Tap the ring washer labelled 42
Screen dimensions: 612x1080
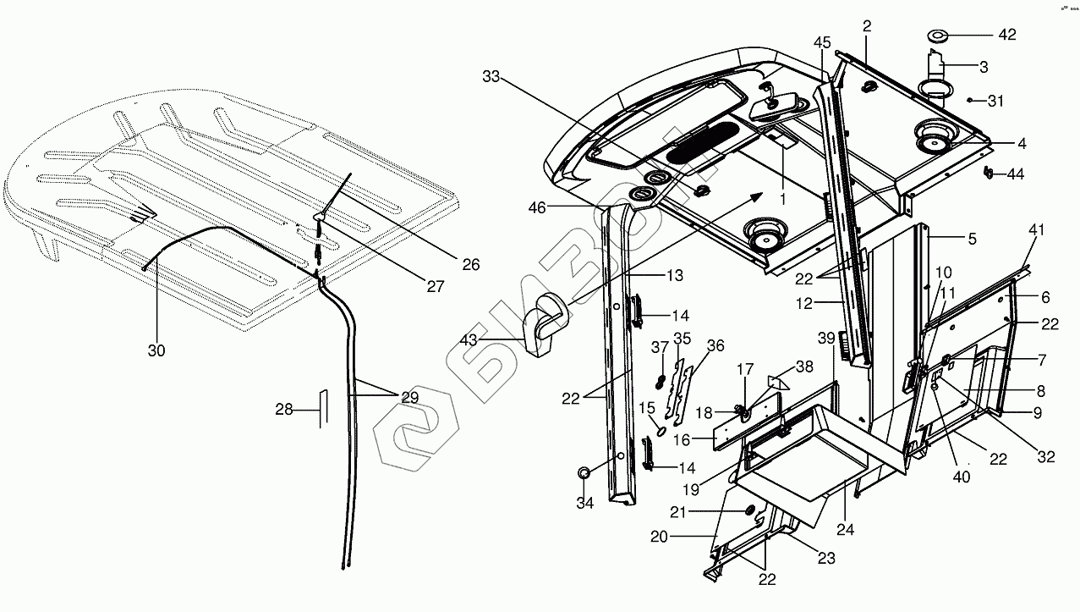coord(938,36)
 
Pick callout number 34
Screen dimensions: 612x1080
coord(584,503)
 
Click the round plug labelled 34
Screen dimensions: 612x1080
coord(584,471)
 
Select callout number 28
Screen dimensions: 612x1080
coord(284,410)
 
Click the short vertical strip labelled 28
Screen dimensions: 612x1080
coord(320,410)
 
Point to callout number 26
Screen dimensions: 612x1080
coord(471,265)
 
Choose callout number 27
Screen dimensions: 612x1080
coord(435,286)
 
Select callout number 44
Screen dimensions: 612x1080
coord(1015,174)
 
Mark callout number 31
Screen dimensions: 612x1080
coord(996,102)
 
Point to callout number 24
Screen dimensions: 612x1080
coord(846,530)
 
